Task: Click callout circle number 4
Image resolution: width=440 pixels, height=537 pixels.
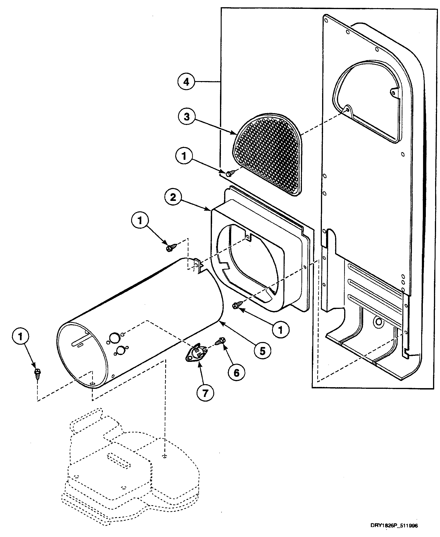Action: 186,82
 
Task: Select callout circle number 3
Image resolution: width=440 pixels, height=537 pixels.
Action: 187,117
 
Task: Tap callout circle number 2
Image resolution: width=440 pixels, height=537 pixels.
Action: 173,197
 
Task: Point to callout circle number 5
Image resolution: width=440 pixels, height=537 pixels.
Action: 262,351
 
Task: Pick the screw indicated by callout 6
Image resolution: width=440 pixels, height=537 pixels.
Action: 220,341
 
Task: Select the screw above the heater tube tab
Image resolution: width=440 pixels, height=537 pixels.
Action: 170,248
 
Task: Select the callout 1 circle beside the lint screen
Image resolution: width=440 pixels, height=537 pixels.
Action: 184,156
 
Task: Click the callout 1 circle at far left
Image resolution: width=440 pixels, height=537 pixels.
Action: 20,337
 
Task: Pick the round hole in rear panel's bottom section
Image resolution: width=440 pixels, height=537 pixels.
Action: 379,322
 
